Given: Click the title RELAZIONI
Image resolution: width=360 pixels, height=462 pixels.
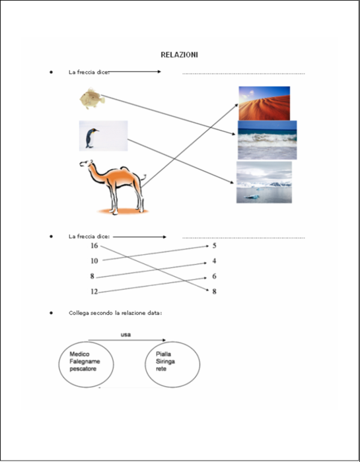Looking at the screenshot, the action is (179, 55).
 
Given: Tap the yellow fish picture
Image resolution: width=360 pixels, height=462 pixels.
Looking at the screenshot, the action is (92, 99).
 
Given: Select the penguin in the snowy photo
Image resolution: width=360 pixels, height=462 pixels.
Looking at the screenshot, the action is (91, 138).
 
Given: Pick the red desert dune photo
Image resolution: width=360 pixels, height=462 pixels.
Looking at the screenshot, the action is (264, 103).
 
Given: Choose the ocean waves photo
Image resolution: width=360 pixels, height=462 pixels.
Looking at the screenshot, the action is (268, 140).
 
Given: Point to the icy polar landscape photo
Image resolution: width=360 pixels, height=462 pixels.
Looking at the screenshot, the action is (264, 182).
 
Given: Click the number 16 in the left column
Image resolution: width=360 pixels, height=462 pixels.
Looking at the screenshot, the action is (94, 246).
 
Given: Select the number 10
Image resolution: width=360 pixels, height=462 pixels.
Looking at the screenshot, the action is (94, 261).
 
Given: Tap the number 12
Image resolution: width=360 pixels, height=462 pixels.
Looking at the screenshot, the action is (94, 292).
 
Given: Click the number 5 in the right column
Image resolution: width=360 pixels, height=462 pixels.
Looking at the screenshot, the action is (215, 246).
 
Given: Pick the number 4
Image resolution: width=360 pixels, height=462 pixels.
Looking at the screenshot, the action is (215, 261).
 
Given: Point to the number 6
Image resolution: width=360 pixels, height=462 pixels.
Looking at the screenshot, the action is (215, 276).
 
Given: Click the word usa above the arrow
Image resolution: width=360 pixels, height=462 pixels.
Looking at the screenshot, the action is (126, 335).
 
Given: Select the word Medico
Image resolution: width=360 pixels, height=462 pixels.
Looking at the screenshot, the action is (79, 354).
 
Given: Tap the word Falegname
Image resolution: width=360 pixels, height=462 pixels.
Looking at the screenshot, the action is (85, 362).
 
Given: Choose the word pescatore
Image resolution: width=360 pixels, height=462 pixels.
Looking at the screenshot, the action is (83, 369).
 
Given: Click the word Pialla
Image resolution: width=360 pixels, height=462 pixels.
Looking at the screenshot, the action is (163, 354).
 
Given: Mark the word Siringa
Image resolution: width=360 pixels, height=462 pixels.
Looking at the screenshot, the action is (165, 362).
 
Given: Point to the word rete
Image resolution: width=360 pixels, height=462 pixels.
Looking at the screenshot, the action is (161, 369).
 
